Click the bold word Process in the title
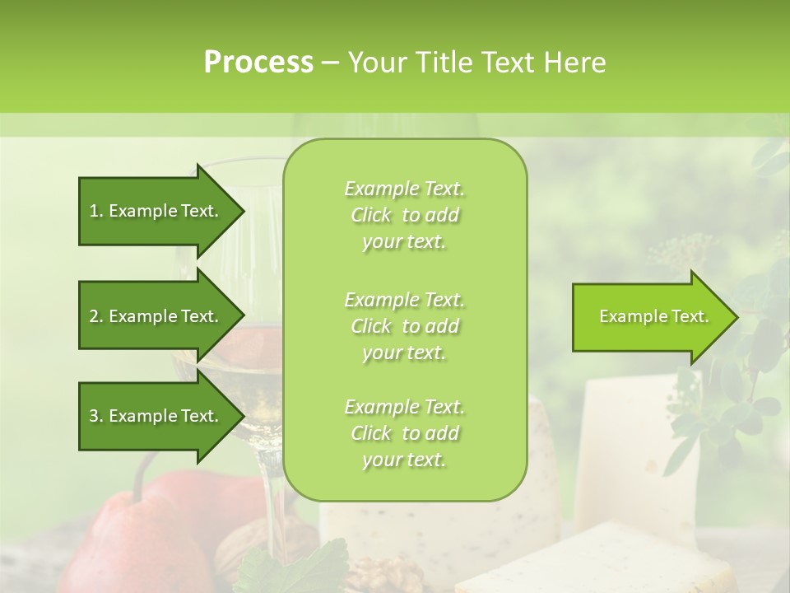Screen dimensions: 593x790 click(258, 63)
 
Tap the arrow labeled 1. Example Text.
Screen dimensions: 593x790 click(156, 211)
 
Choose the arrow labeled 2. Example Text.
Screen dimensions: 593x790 click(156, 316)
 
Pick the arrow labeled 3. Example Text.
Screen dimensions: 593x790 click(156, 416)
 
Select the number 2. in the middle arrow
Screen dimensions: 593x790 click(95, 316)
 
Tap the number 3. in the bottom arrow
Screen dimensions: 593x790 click(95, 416)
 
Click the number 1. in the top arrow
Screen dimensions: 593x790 click(95, 211)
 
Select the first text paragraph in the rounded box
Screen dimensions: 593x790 click(404, 215)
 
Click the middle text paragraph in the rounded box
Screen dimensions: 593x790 click(404, 326)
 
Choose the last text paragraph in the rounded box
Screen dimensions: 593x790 click(404, 433)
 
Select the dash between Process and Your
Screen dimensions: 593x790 click(330, 63)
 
